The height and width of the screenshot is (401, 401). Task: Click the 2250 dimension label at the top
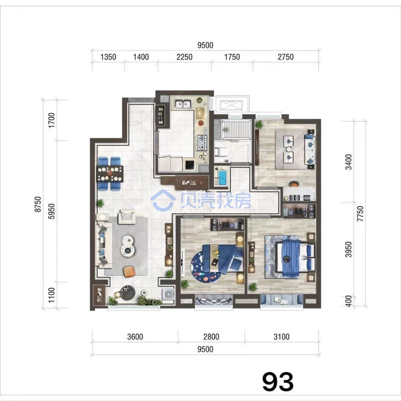click(185, 57)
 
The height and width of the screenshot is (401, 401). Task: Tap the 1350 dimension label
click(108, 57)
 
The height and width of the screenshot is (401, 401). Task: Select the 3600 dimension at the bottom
click(135, 337)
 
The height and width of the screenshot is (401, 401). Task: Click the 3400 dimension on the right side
click(348, 162)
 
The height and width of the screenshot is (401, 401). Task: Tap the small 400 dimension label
click(348, 301)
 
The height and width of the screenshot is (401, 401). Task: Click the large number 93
click(278, 382)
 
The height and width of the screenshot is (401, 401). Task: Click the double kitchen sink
click(183, 104)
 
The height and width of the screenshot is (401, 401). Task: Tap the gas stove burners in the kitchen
click(202, 143)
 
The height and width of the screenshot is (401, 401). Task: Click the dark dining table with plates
click(110, 174)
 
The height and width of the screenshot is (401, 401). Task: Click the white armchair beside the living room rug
click(126, 216)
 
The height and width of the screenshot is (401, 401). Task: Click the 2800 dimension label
click(211, 337)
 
